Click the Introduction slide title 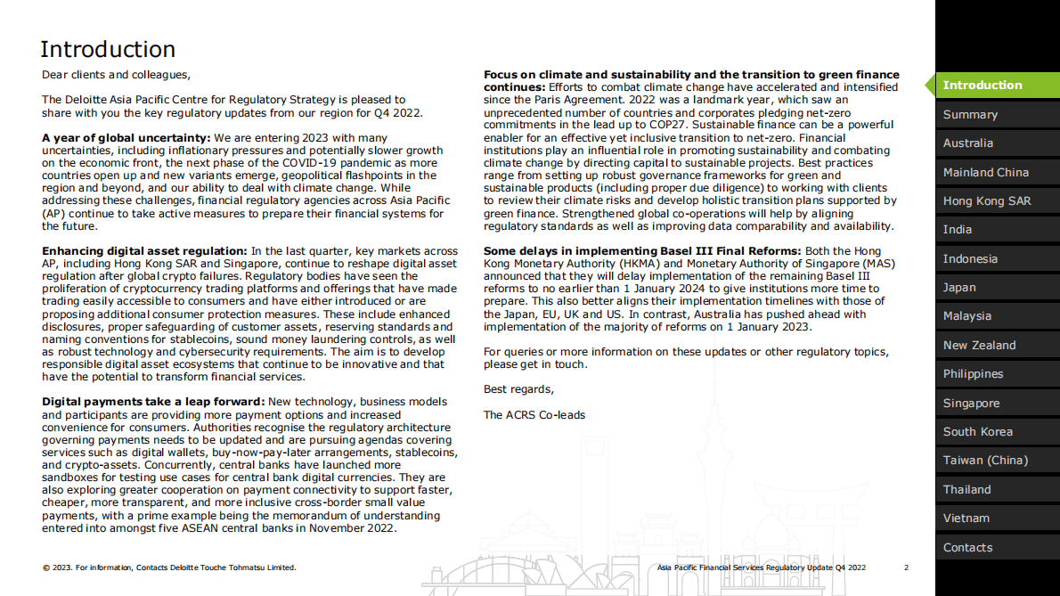pos(108,49)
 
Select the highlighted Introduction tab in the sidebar pos(983,86)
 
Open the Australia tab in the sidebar pos(967,143)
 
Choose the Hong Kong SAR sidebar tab pos(987,201)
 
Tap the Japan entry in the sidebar pos(959,288)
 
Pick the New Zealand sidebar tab pos(979,346)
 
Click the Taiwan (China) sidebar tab pos(985,461)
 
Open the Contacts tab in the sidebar pos(967,548)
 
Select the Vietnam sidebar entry pos(966,518)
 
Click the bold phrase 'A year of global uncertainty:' pos(126,138)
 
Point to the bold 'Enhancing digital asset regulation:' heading pos(144,252)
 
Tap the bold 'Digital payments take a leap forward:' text pos(153,403)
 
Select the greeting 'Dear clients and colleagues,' pos(116,75)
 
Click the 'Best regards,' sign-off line pos(518,389)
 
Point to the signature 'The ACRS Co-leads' pos(534,415)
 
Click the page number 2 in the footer pos(906,567)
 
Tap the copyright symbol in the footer pos(45,567)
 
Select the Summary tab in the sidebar pos(970,115)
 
